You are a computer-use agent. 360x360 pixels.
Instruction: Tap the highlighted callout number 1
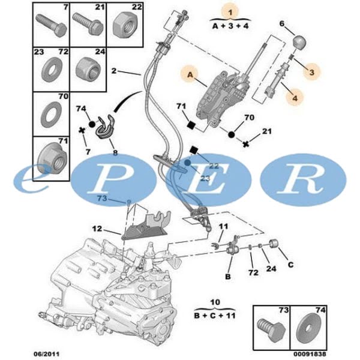click(228, 11)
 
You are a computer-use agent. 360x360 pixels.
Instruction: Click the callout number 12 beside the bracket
click(97, 229)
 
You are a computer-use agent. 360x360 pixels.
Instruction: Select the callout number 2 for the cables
click(114, 71)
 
